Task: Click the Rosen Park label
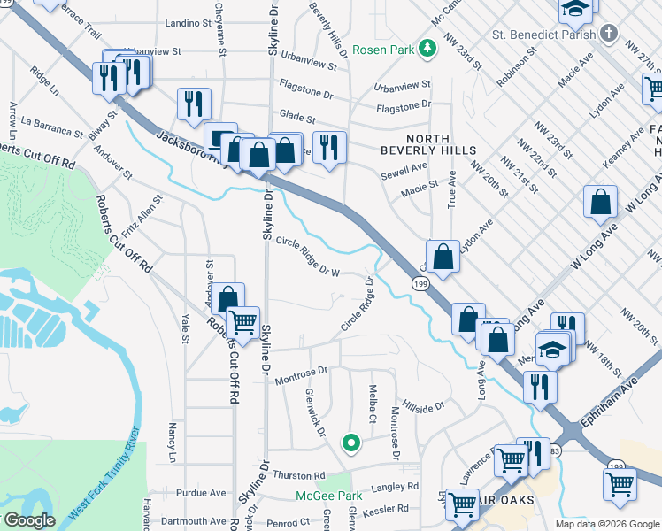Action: (383, 50)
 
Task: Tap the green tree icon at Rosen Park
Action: (427, 48)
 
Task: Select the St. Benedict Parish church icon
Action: (608, 34)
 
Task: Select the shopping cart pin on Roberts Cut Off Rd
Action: (243, 324)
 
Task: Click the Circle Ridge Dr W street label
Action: (308, 256)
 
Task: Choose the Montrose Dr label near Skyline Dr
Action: (301, 375)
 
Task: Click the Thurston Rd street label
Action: (299, 475)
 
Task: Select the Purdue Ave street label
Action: (202, 493)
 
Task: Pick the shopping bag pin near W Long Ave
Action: (601, 204)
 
